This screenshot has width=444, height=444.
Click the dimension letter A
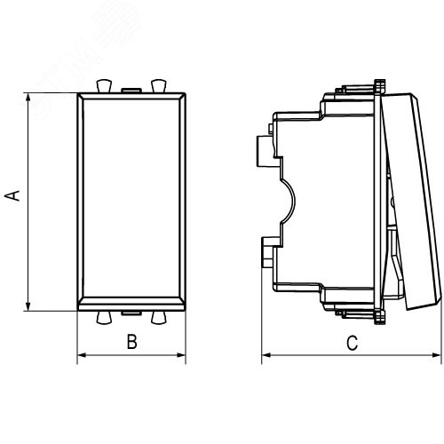click(12, 196)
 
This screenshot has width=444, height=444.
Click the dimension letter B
click(132, 341)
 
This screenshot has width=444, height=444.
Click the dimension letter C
click(353, 343)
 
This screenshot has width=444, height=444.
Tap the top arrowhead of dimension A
click(28, 98)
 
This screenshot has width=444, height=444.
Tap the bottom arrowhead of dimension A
click(28, 305)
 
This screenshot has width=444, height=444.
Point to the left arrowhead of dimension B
click(82, 355)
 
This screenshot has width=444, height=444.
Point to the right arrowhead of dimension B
click(181, 355)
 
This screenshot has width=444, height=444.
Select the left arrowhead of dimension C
click(266, 355)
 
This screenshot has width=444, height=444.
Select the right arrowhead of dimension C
click(437, 355)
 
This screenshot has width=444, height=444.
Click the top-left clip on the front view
click(104, 86)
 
